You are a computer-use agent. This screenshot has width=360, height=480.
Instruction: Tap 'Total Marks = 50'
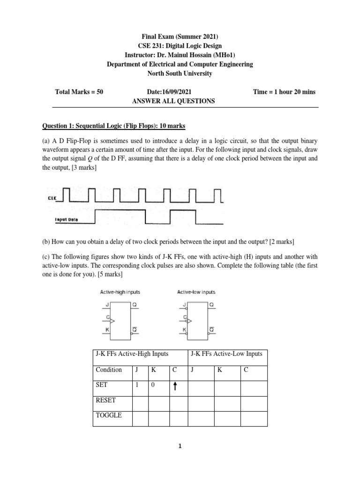click(79, 92)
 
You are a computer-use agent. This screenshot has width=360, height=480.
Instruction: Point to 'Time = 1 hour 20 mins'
click(284, 92)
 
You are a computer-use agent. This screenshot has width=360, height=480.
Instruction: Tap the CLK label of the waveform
click(52, 199)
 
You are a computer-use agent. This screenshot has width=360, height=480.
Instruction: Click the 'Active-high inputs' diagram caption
click(120, 292)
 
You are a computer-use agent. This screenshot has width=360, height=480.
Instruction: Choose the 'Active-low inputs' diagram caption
click(196, 292)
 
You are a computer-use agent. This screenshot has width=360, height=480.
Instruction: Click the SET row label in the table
click(102, 385)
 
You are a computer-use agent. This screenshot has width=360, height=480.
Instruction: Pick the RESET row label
click(106, 401)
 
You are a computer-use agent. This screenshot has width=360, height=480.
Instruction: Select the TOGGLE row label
click(108, 415)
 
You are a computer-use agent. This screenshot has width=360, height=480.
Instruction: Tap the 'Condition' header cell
click(109, 369)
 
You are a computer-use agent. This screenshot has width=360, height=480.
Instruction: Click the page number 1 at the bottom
click(180, 447)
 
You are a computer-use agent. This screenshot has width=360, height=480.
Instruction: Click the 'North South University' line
click(180, 74)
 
